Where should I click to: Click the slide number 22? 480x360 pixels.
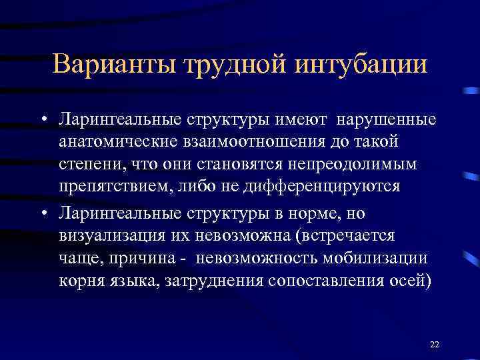click(x=435, y=344)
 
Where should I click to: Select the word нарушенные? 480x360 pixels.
click(x=387, y=121)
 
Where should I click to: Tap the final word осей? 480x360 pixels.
click(x=411, y=279)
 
